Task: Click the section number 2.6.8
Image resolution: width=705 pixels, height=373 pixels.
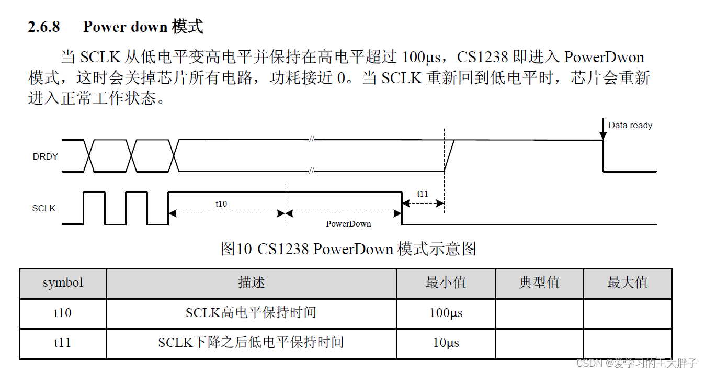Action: coord(44,27)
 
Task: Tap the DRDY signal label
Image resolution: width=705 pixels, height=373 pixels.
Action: coord(46,156)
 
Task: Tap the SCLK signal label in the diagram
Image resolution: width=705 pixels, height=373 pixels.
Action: coord(44,208)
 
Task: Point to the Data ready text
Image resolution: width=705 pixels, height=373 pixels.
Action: coord(630,126)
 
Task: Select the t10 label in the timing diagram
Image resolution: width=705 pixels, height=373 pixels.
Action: coord(221,204)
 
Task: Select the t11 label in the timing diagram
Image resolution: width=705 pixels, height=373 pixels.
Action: coord(423,194)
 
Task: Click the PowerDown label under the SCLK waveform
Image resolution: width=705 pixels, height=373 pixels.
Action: coord(348,223)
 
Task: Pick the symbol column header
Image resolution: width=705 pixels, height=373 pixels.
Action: coord(63,283)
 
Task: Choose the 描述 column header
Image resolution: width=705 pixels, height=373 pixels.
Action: coord(251,283)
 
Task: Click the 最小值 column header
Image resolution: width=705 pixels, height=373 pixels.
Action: coord(446,283)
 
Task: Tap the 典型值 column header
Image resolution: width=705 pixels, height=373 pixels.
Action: coord(539,283)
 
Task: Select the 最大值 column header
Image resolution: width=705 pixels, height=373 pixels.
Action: coord(627,283)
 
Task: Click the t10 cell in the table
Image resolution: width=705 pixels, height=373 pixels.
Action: coord(63,313)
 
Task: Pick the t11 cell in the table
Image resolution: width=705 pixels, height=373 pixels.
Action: coord(63,343)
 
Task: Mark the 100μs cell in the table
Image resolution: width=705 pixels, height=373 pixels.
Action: coord(446,313)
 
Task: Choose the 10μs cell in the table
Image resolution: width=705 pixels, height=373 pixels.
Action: coord(446,343)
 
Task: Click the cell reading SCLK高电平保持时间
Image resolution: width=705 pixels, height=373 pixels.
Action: coord(251,313)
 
